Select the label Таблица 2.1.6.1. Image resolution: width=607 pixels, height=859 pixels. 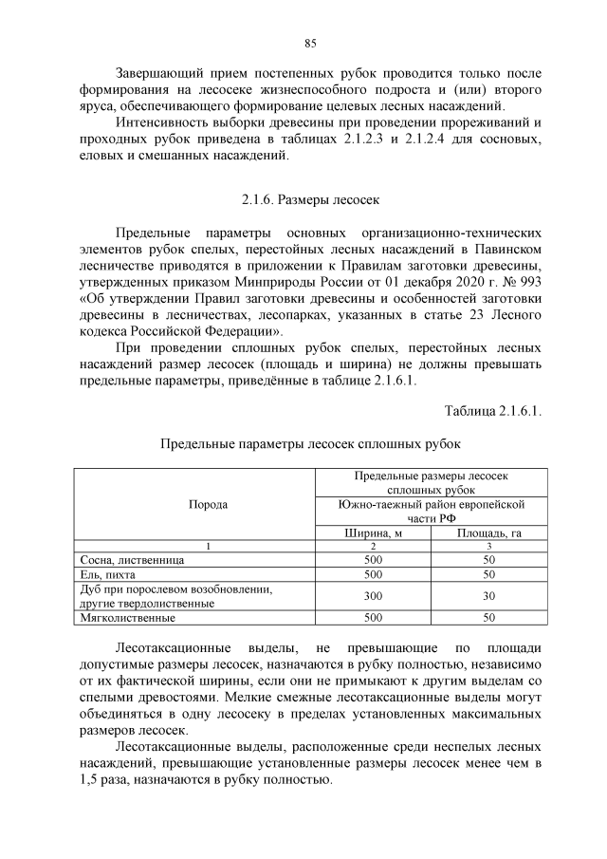click(493, 410)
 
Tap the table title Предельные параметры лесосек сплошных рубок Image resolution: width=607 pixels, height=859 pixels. click(310, 443)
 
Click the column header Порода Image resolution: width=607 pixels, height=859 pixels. click(208, 505)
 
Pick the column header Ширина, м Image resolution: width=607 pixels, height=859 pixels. click(373, 532)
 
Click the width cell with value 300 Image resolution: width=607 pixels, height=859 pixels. click(373, 596)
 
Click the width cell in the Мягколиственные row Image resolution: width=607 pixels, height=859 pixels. click(373, 618)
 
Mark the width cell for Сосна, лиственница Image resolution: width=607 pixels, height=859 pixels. click(373, 560)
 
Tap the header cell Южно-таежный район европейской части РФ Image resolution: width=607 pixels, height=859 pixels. click(432, 512)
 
